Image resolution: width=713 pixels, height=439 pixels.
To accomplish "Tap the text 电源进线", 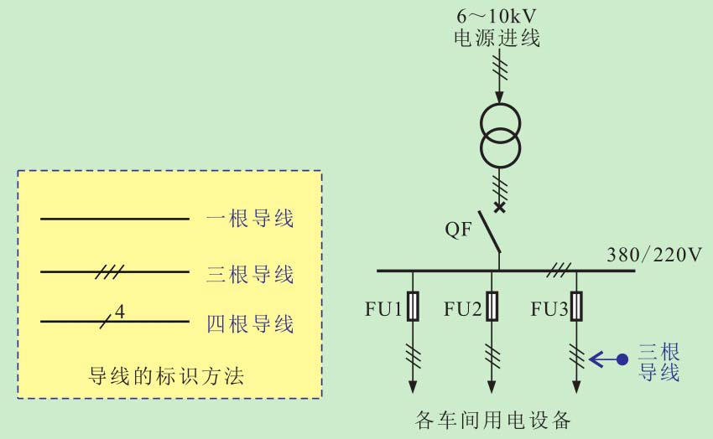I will coord(497,38).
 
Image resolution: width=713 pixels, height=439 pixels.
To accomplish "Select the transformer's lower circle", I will coord(500,147).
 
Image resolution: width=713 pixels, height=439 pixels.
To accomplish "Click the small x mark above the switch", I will coord(500,206).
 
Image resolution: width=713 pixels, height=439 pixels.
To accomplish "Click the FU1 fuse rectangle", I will coord(413,306).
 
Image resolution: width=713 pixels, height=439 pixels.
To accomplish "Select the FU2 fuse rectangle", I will coord(492,306).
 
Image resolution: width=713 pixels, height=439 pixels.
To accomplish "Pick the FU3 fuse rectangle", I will coord(576,306).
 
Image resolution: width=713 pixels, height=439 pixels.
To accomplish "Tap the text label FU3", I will coord(549,310).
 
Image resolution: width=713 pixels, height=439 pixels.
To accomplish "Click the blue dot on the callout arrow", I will coord(622,359).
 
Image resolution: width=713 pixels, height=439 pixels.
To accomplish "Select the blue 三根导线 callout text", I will coord(658,361).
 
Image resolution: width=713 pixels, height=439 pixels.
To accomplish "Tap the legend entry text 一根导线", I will coord(249,219).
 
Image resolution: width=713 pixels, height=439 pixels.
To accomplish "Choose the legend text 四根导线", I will coord(249,323).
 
